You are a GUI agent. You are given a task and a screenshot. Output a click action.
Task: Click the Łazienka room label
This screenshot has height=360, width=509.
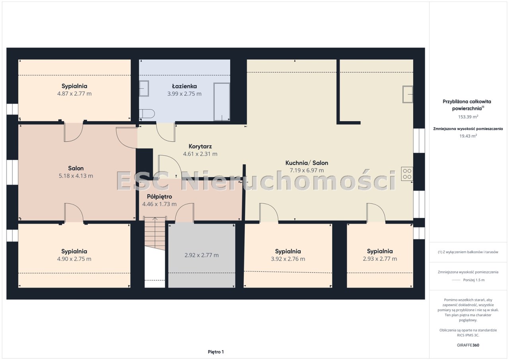[x=184, y=86]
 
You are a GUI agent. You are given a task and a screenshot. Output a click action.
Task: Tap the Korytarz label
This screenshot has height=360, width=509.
[x=200, y=146]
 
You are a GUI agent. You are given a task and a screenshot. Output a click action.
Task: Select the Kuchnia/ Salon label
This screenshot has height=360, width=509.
[x=307, y=163]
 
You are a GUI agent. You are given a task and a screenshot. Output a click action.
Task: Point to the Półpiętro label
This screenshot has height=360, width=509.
[x=159, y=197]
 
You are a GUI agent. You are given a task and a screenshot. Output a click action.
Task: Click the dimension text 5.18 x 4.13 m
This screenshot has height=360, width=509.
[x=76, y=176]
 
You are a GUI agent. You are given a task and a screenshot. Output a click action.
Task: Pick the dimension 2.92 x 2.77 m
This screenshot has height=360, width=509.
[x=202, y=255]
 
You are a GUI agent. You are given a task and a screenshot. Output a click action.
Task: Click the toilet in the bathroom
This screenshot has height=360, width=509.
[x=147, y=114]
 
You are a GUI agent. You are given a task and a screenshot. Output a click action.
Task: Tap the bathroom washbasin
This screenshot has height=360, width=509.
[x=144, y=88]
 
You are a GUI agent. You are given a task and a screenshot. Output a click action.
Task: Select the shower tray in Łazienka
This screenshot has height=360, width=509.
[x=221, y=102]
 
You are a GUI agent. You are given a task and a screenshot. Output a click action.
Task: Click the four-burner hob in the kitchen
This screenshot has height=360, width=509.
[x=407, y=174]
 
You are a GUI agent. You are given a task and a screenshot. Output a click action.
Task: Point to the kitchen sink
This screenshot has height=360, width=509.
[x=408, y=94]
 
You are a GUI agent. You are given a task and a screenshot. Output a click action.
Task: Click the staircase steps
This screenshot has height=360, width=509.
[x=155, y=233]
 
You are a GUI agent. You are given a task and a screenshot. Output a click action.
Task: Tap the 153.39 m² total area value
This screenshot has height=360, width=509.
[x=468, y=117]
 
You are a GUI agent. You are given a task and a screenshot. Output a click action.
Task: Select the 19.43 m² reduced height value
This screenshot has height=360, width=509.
[x=468, y=136]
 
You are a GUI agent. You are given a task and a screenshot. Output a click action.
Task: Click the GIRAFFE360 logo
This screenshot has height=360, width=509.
[x=468, y=345]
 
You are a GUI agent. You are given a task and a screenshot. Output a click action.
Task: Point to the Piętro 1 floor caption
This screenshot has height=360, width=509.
[x=216, y=352]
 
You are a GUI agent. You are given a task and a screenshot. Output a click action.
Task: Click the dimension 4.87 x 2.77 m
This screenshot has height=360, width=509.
[x=74, y=93]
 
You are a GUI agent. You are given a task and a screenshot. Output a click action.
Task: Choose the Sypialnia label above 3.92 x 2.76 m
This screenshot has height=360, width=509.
[x=288, y=251]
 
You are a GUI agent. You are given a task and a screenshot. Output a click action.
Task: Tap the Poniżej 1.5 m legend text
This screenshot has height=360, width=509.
[x=474, y=280]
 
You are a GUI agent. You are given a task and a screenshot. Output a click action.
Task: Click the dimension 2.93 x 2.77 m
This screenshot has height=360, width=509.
[x=380, y=259]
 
